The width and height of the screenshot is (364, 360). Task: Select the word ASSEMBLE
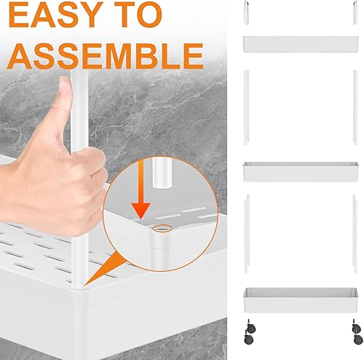105,56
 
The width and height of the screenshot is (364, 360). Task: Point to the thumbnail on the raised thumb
65,83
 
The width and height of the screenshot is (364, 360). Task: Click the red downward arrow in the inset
141,189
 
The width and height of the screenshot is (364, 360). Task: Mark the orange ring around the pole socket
162,228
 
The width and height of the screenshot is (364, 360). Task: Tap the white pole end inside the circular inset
162,173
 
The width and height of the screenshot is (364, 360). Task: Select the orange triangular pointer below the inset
103,269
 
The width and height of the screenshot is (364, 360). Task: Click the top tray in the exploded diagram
301,44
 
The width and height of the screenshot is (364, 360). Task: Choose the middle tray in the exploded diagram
301,172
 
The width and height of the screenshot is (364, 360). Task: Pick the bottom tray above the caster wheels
301,300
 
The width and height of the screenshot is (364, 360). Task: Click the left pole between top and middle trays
246,108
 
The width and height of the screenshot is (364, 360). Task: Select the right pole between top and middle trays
355,108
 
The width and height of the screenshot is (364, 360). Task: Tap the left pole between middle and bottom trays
247,234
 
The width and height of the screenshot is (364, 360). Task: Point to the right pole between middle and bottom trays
355,234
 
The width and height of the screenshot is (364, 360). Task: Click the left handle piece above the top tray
246,12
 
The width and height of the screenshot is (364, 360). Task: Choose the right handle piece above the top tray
355,12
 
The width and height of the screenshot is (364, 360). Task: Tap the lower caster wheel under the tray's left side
249,340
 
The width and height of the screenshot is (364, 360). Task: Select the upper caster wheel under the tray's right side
356,328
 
